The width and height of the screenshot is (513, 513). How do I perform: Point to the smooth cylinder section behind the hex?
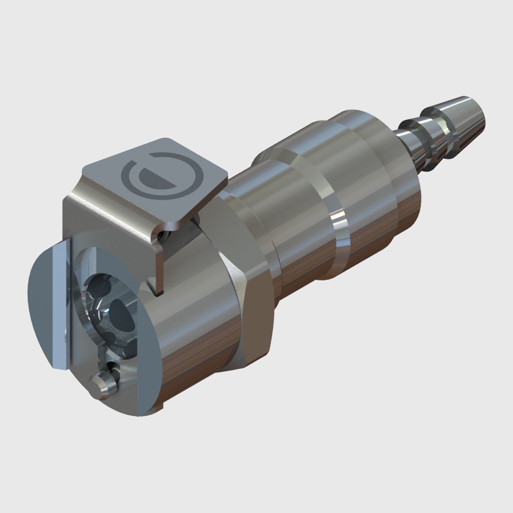pos(295,239)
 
